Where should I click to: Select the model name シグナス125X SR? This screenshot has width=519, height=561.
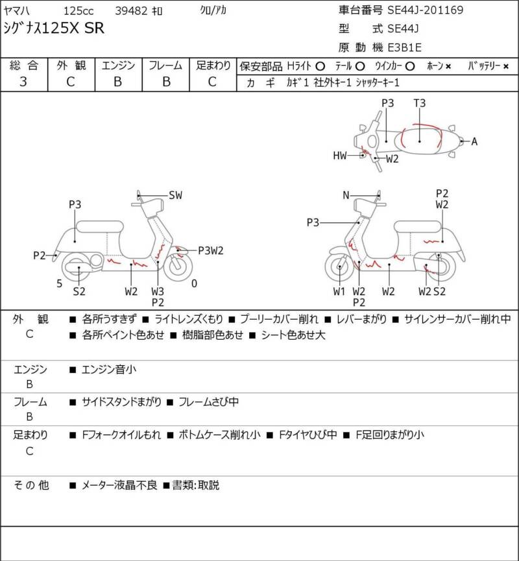coord(54,29)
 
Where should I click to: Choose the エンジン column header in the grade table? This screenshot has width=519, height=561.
coord(118,66)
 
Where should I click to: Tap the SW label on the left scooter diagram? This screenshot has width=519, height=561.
coord(175,195)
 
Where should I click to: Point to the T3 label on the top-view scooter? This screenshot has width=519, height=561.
coord(420,103)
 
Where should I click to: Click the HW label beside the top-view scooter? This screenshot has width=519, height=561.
coord(340,155)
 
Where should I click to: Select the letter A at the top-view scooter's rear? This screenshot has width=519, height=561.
coord(474,141)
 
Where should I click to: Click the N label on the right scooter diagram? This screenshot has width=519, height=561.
coord(346,195)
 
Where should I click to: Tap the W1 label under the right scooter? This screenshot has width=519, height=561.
coord(339,291)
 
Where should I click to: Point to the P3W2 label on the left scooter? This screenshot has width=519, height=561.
coord(211,250)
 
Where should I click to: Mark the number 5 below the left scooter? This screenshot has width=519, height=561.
coord(59,283)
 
